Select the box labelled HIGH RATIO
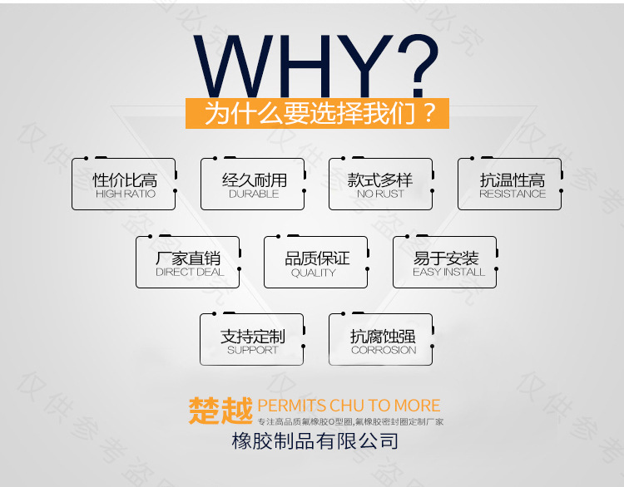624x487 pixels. (x=124, y=184)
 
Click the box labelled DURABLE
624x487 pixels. (x=253, y=184)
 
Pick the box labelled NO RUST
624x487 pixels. (x=381, y=184)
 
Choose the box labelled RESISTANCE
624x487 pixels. (x=510, y=184)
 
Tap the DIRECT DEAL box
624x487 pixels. (x=188, y=263)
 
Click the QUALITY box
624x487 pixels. (x=316, y=263)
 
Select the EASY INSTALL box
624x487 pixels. (x=445, y=263)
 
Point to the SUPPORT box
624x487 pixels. (x=252, y=340)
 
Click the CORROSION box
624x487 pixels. (x=381, y=340)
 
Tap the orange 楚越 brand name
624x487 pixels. (x=220, y=410)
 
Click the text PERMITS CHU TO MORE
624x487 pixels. (x=349, y=406)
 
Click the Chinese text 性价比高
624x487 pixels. (x=125, y=180)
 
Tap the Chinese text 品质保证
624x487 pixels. (x=317, y=258)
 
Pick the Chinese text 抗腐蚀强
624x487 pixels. (x=382, y=336)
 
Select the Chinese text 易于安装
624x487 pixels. (x=446, y=258)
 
